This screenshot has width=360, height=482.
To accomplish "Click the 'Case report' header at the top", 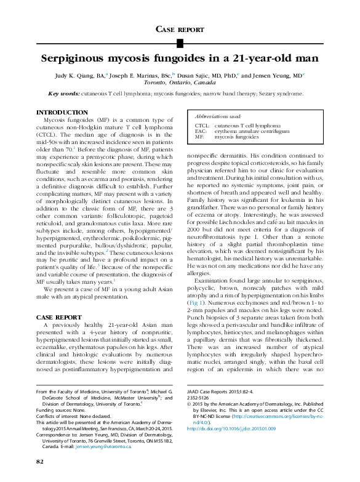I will [180, 29].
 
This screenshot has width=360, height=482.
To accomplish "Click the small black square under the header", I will [180, 42].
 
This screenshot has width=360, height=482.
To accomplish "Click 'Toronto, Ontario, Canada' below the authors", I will [180, 82].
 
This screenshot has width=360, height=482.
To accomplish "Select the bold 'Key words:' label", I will [64, 94].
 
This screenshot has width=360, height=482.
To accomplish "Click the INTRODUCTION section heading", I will [62, 113].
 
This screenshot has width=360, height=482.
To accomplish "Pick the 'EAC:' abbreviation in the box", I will [201, 131].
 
